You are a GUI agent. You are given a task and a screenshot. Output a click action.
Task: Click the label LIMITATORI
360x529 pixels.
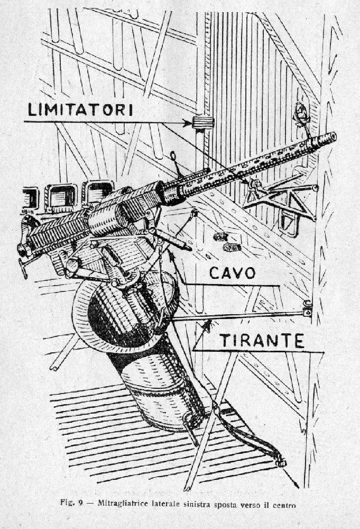pyautogui.click(x=80, y=110)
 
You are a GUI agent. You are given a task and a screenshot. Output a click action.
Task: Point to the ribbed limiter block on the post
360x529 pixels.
pyautogui.click(x=202, y=122)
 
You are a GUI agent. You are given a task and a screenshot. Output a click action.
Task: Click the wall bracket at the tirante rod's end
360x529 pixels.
pyautogui.click(x=307, y=309)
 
